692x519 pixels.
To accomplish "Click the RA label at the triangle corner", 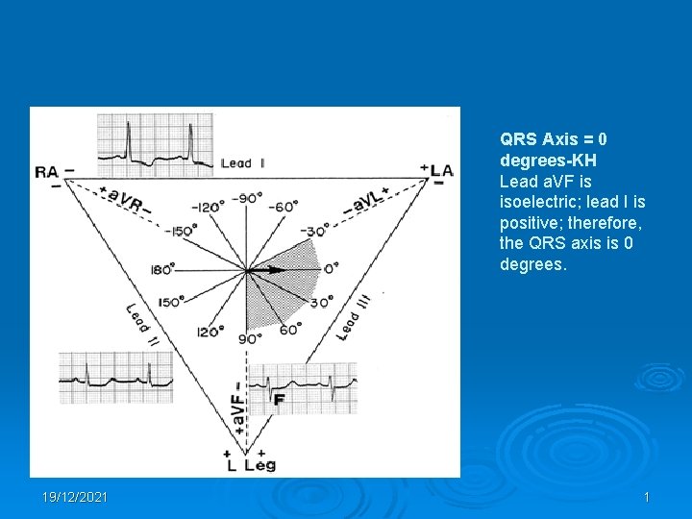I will [47, 172].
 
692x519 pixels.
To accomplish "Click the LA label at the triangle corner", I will [441, 171].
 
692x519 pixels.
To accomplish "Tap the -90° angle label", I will [247, 198].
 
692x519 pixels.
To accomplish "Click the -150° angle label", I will [180, 230].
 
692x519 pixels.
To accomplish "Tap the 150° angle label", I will [173, 302].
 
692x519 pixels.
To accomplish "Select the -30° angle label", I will [314, 230].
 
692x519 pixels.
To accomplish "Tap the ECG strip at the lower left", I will [115, 378].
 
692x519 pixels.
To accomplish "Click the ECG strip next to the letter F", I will [309, 387].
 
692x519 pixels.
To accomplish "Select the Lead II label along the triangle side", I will [137, 326].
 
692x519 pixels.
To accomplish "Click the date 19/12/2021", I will [75, 497].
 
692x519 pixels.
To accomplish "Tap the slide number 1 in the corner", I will [647, 497].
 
